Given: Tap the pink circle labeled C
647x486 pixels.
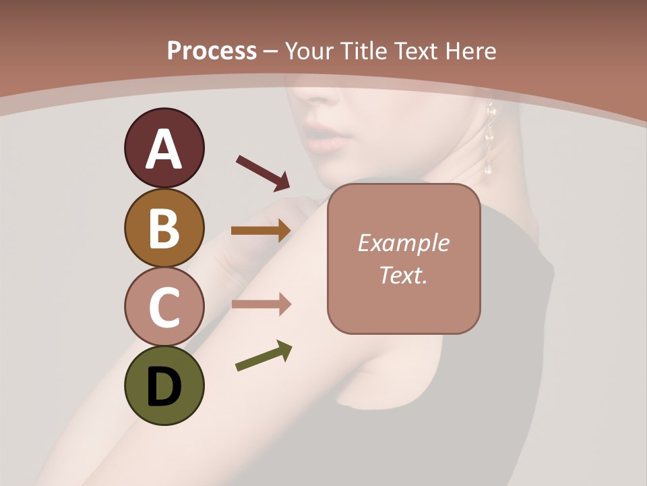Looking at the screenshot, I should coord(164,307).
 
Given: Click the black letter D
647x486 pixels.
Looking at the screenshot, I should coord(164,387).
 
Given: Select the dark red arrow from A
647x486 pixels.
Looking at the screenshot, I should coord(263,173).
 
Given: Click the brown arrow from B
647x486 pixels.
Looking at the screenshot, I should coord(261,230).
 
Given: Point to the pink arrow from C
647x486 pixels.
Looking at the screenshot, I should coord(261,304).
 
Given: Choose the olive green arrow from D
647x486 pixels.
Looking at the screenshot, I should coord(264,356).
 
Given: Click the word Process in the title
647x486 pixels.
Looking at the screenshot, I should coord(212,51).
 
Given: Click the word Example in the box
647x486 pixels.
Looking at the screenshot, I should coord(403,244).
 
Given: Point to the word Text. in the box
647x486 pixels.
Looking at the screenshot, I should coord(403,275).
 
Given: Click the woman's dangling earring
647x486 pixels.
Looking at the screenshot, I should coord(490,138).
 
